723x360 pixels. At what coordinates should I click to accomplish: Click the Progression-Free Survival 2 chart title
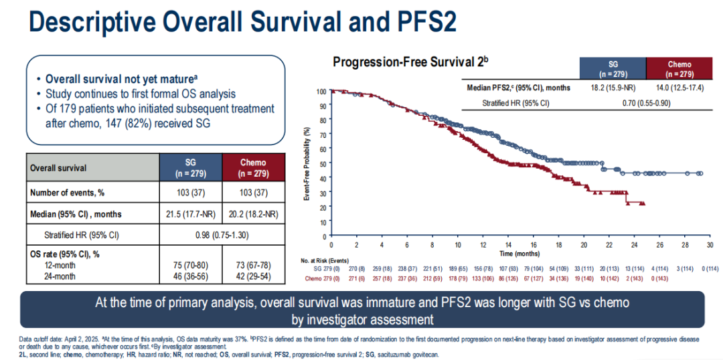411,62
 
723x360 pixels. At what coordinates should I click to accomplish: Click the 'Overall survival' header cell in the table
58,168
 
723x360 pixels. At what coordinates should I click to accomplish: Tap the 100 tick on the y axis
321,92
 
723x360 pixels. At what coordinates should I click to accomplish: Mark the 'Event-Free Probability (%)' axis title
307,163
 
